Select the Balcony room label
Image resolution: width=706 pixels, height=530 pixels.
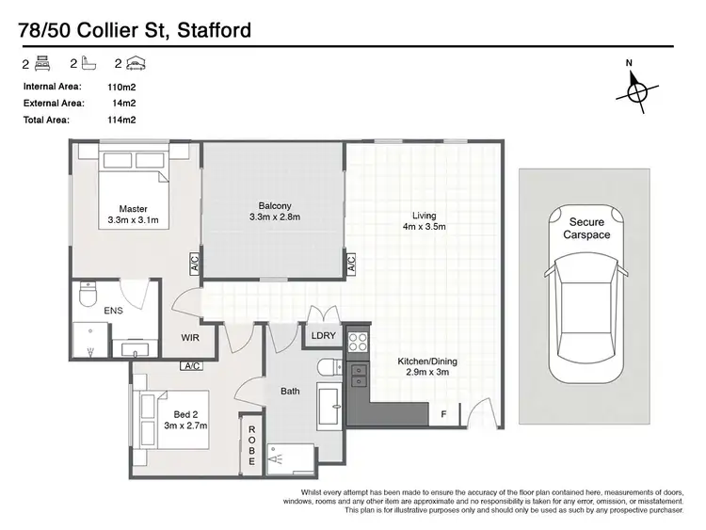(x=275, y=212)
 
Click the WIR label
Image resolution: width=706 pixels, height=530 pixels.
(x=191, y=336)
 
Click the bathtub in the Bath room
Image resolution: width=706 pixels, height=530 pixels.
(x=331, y=406)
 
